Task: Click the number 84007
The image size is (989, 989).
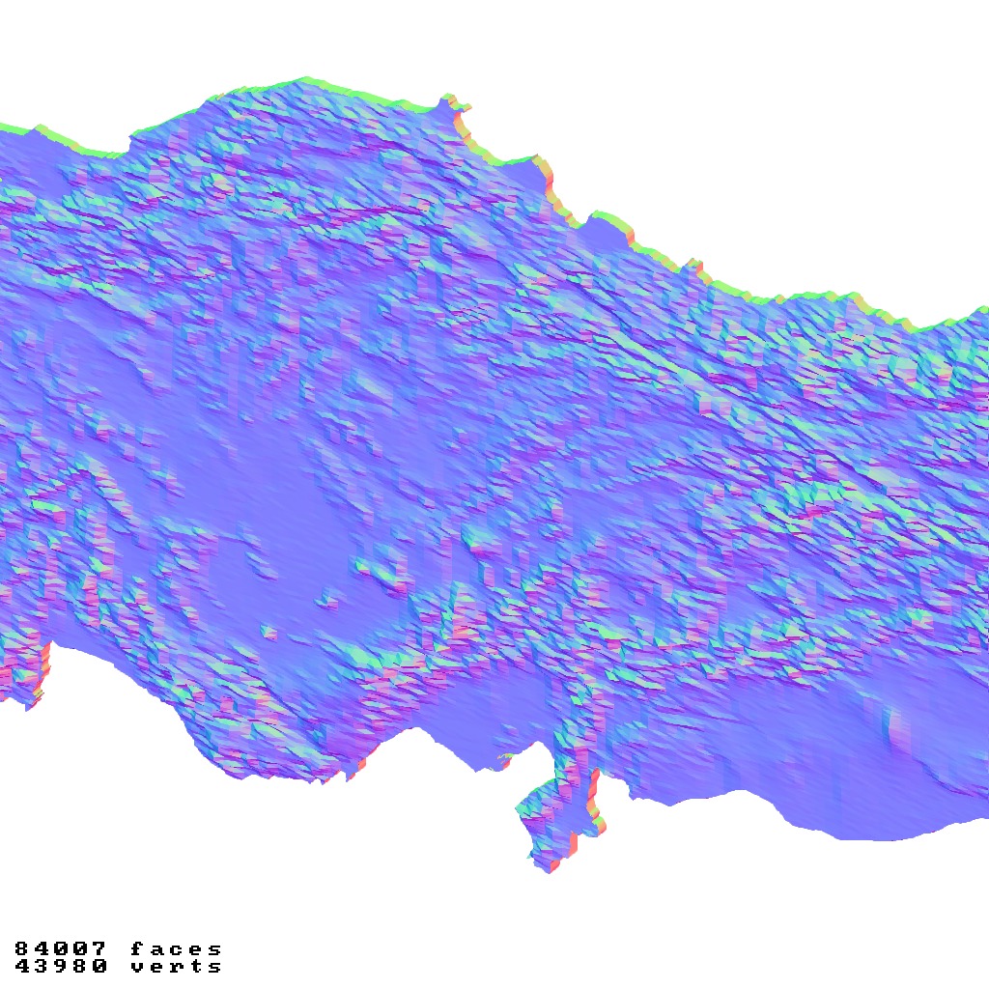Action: click(61, 949)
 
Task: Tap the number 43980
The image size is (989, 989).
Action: click(61, 966)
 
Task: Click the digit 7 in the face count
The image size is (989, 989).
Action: click(99, 949)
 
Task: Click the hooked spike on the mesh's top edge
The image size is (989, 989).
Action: click(450, 102)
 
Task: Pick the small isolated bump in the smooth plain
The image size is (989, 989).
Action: click(268, 633)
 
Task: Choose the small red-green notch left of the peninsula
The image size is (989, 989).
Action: click(503, 760)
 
